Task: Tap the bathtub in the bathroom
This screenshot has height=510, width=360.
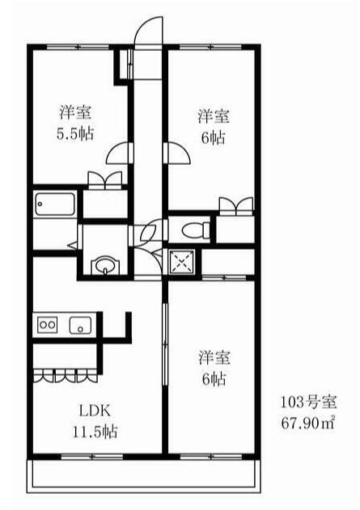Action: pyautogui.click(x=55, y=204)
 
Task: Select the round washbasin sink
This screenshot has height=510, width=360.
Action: pyautogui.click(x=105, y=265)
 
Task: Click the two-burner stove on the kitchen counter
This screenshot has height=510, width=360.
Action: pyautogui.click(x=48, y=325)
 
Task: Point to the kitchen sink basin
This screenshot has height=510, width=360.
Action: pyautogui.click(x=80, y=325)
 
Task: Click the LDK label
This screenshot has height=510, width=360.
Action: pyautogui.click(x=95, y=411)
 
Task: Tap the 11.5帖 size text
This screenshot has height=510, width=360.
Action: pyautogui.click(x=95, y=432)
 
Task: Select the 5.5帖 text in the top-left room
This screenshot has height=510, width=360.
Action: pyautogui.click(x=75, y=133)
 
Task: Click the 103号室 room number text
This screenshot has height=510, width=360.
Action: pyautogui.click(x=308, y=403)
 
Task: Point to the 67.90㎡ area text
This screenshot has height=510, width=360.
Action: pyautogui.click(x=308, y=423)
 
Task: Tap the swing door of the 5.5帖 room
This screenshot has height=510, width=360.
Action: pyautogui.click(x=120, y=153)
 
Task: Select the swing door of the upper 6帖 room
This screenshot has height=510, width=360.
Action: pyautogui.click(x=179, y=153)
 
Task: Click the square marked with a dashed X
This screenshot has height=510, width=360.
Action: pyautogui.click(x=182, y=262)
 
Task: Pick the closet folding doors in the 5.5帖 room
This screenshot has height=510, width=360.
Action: pyautogui.click(x=105, y=180)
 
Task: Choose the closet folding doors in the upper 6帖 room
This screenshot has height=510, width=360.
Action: pyautogui.click(x=236, y=206)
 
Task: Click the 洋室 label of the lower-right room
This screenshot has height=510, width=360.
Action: pyautogui.click(x=214, y=357)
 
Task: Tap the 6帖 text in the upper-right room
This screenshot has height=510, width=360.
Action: pyautogui.click(x=214, y=138)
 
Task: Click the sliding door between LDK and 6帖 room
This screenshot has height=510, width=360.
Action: pyautogui.click(x=165, y=344)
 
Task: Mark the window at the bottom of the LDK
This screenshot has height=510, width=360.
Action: pyautogui.click(x=92, y=457)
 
